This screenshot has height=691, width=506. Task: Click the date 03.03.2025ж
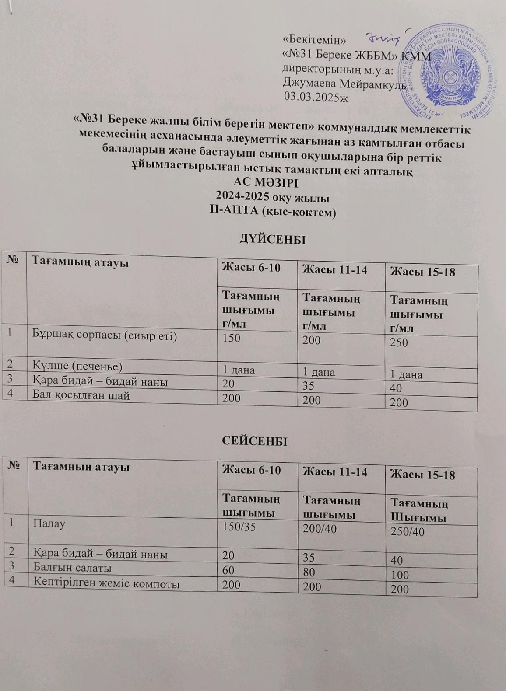pyautogui.click(x=316, y=97)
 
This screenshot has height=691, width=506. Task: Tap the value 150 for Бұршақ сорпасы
pyautogui.click(x=232, y=338)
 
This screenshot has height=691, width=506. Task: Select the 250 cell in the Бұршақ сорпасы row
pyautogui.click(x=399, y=342)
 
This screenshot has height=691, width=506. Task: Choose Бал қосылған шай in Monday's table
pyautogui.click(x=82, y=395)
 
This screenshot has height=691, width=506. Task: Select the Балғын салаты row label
pyautogui.click(x=72, y=568)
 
